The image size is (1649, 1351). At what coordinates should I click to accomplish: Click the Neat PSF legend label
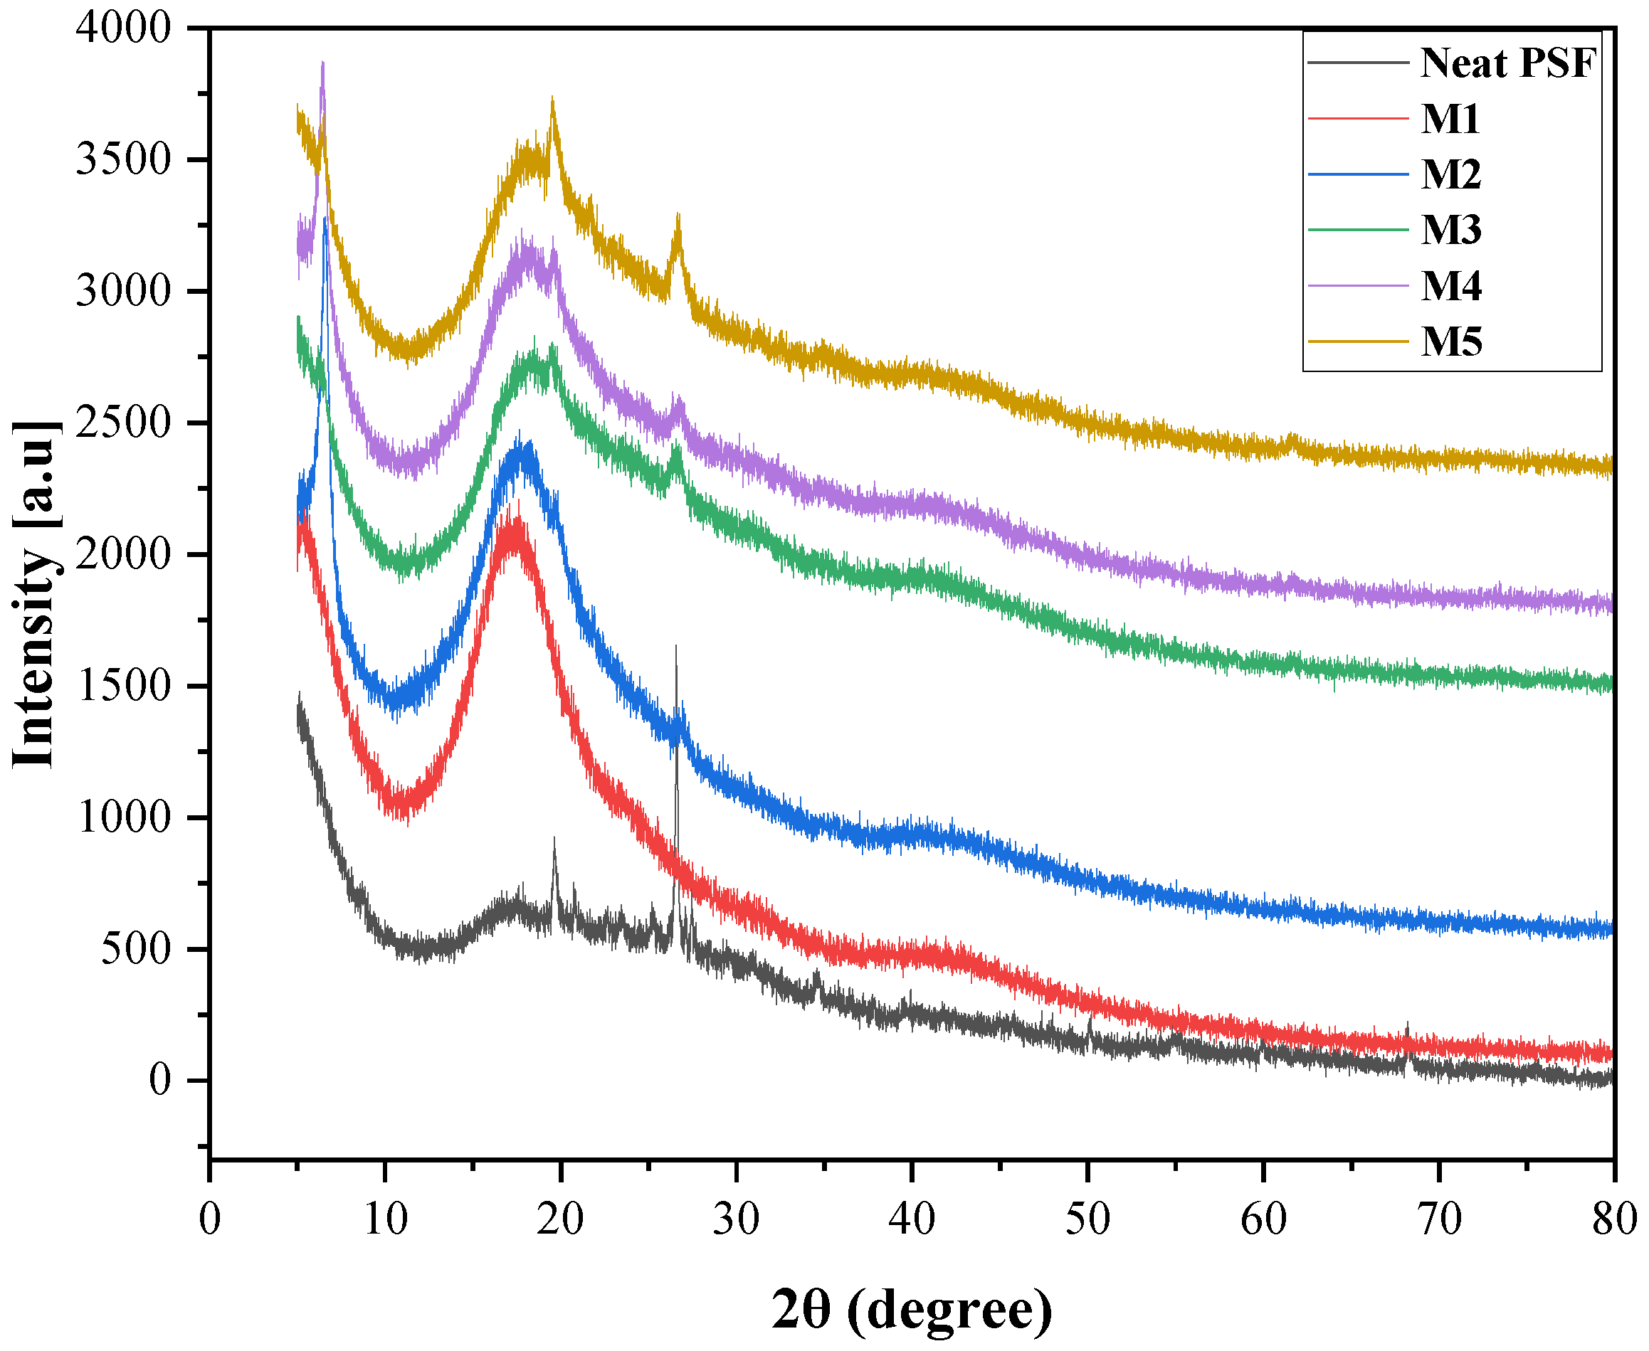pyautogui.click(x=1507, y=63)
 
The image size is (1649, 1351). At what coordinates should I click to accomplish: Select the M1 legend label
pyautogui.click(x=1450, y=119)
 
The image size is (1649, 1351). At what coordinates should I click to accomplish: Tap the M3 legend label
pyautogui.click(x=1450, y=230)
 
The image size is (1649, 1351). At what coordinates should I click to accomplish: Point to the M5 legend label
pyautogui.click(x=1450, y=341)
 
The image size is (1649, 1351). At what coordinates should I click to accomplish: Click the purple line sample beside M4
pyautogui.click(x=1357, y=285)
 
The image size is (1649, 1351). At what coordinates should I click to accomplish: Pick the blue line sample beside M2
pyautogui.click(x=1357, y=174)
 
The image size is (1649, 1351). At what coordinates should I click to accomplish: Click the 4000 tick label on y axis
pyautogui.click(x=123, y=28)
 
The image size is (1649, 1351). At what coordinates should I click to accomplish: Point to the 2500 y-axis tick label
pyautogui.click(x=123, y=423)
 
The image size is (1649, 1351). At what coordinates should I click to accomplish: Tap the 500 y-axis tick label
pyautogui.click(x=135, y=948)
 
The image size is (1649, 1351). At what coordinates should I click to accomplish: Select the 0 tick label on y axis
pyautogui.click(x=159, y=1080)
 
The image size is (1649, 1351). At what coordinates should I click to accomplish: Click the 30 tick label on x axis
pyautogui.click(x=736, y=1219)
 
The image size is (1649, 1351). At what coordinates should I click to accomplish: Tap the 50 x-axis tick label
pyautogui.click(x=1087, y=1219)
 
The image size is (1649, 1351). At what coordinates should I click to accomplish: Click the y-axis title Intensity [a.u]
pyautogui.click(x=35, y=595)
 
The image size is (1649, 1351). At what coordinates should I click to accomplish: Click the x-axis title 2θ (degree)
pyautogui.click(x=912, y=1310)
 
